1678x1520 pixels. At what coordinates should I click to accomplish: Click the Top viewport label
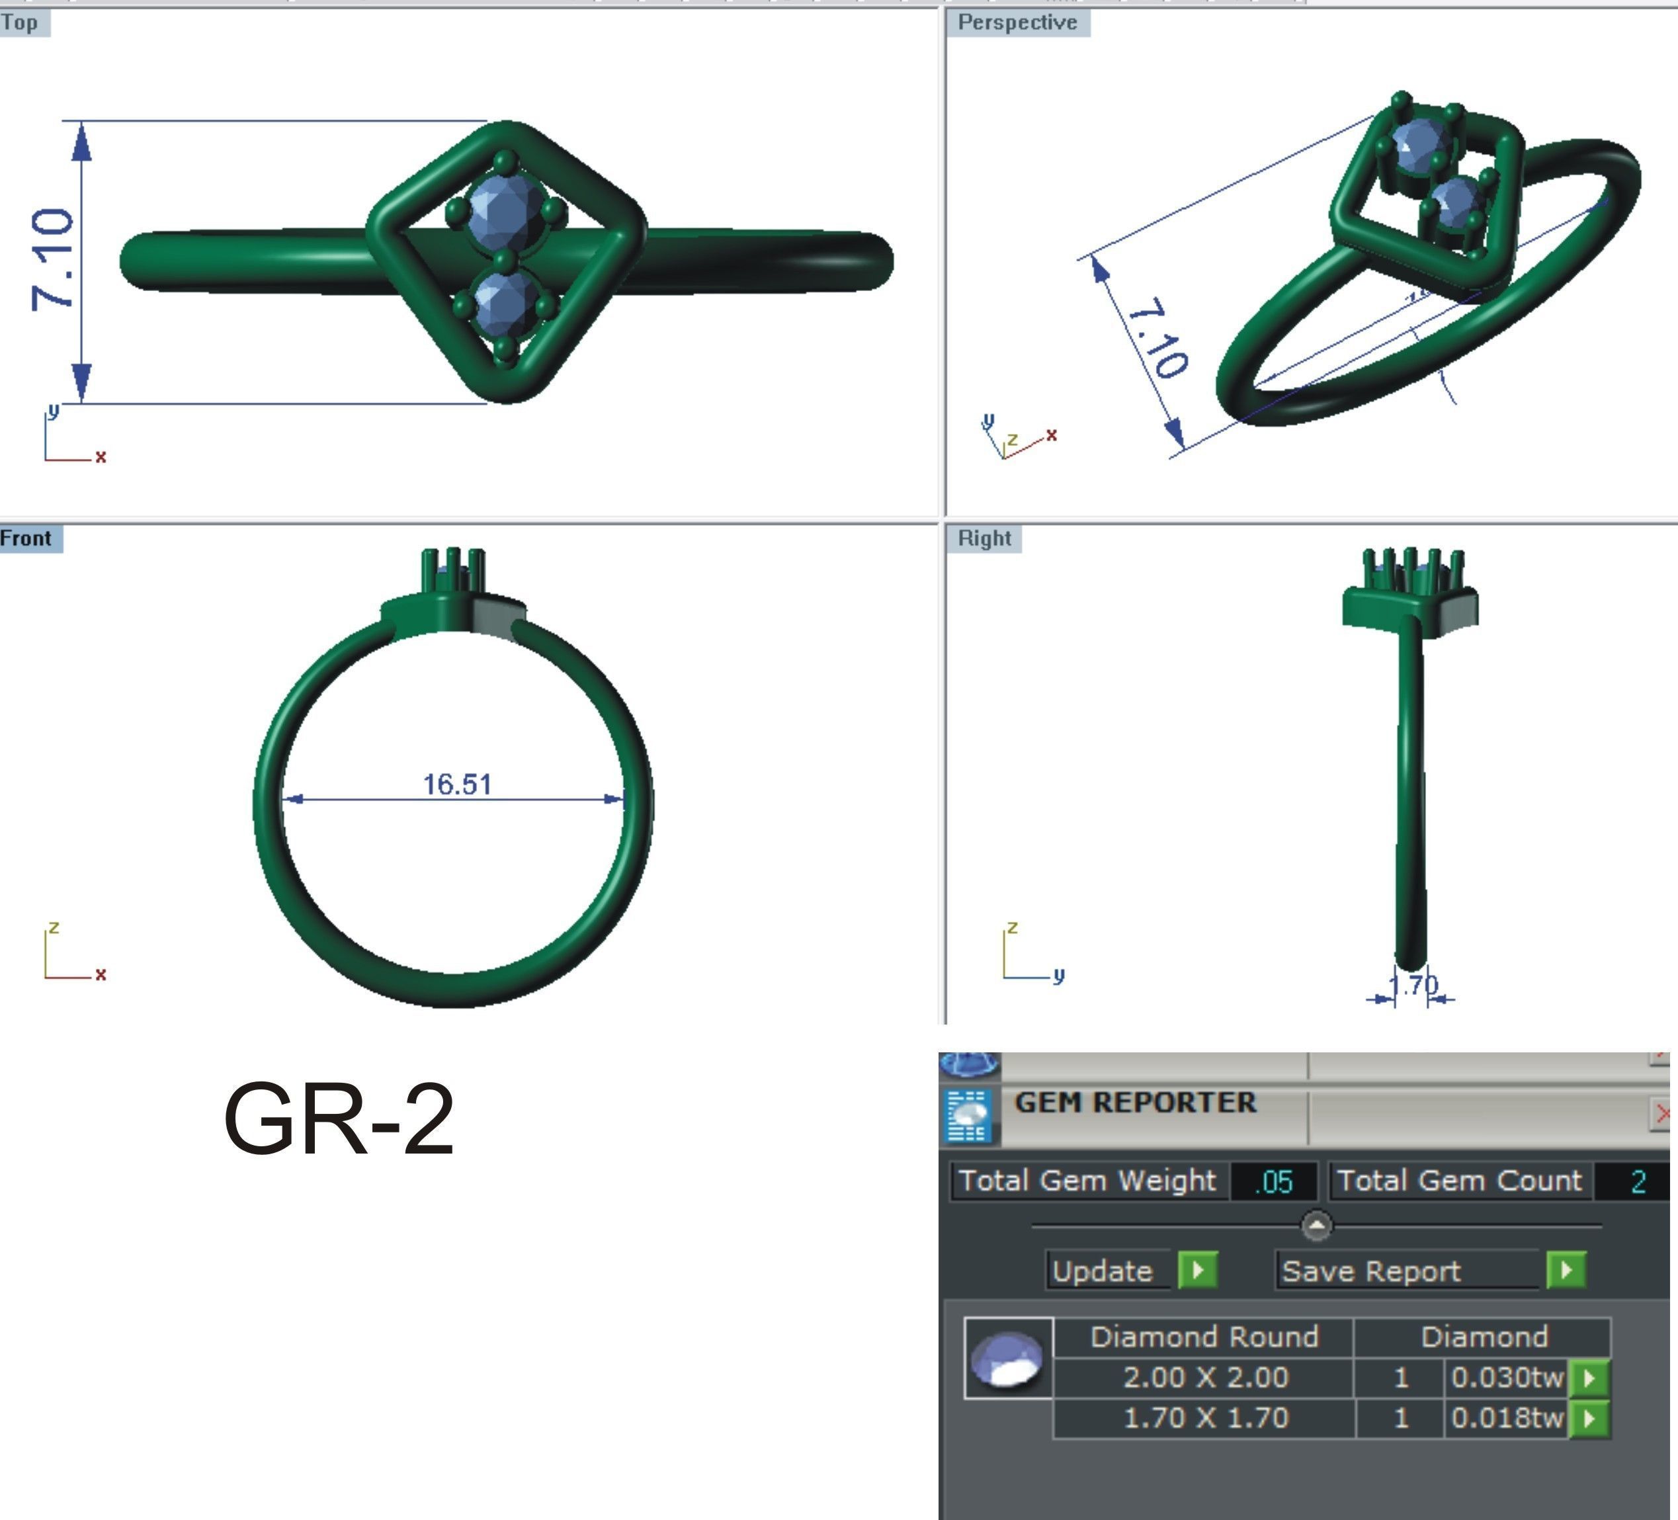coord(21,22)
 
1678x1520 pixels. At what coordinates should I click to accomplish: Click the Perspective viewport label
coord(1017,22)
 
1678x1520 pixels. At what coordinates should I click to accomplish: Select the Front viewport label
coord(26,538)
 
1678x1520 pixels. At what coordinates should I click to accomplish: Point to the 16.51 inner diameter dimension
coord(457,784)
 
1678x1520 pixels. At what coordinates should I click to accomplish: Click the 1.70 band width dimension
coord(1413,986)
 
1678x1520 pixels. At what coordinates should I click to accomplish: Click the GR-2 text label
coord(339,1120)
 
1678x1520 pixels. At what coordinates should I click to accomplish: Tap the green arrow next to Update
coord(1198,1270)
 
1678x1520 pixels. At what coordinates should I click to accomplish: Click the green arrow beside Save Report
coord(1566,1270)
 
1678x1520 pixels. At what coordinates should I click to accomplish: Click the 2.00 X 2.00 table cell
coord(1205,1378)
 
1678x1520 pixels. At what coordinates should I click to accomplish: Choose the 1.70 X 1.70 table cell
coord(1205,1417)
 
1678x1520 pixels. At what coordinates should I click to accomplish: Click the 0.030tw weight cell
coord(1507,1378)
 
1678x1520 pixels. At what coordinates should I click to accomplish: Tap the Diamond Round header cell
coord(1204,1337)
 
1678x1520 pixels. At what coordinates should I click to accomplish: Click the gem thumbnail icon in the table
coord(1008,1359)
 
